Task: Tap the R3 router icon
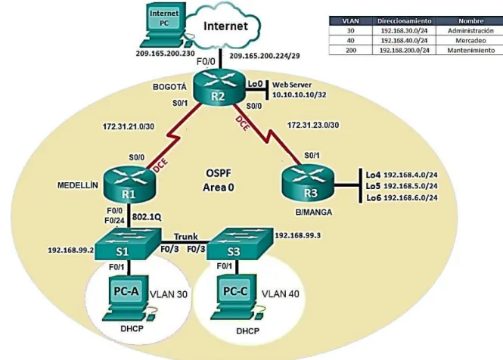pyautogui.click(x=308, y=184)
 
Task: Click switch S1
pyautogui.click(x=127, y=244)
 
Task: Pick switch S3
pyautogui.click(x=240, y=244)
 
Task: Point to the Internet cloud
pyautogui.click(x=224, y=26)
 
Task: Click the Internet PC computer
pyautogui.click(x=163, y=26)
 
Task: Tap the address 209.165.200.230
pyautogui.click(x=165, y=54)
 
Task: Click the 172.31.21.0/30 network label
pyautogui.click(x=129, y=127)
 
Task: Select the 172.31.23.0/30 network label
pyautogui.click(x=313, y=125)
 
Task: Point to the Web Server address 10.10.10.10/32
pyautogui.click(x=299, y=95)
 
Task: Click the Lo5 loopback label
pyautogui.click(x=374, y=186)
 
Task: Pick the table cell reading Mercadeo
pyautogui.click(x=470, y=41)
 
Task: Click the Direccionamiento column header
pyautogui.click(x=404, y=21)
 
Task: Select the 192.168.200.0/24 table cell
pyautogui.click(x=404, y=51)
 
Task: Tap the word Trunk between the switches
pyautogui.click(x=186, y=237)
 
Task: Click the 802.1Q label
pyautogui.click(x=147, y=217)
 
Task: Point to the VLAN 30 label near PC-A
pyautogui.click(x=169, y=294)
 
